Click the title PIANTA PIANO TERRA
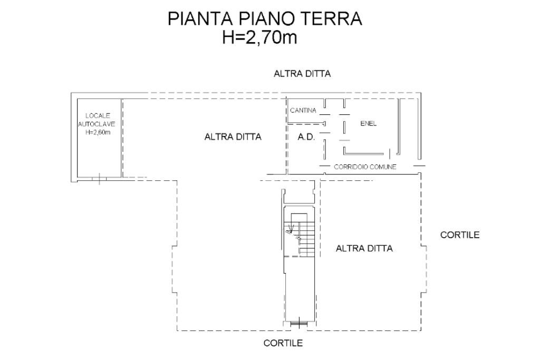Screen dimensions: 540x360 point(265,18)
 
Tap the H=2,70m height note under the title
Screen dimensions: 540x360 point(259,37)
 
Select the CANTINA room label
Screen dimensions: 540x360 point(303,111)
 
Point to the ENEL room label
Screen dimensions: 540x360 point(368,123)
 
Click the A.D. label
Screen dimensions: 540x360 point(306,137)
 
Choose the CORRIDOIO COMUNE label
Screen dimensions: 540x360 point(365,167)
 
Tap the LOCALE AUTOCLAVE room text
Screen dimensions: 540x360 point(97,120)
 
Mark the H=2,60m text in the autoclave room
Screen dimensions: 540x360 point(98,132)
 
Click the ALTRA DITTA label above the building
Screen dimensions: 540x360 point(302,74)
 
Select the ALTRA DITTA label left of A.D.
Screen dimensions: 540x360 point(233,137)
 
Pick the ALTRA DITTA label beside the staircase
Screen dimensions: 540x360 point(364,248)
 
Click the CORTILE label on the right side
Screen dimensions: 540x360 point(460,235)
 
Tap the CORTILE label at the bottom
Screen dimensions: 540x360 point(283,343)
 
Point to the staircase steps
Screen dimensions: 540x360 point(306,238)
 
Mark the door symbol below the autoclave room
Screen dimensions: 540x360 point(99,179)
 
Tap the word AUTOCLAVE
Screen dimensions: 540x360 point(97,124)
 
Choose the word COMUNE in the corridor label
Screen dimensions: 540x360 point(384,167)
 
